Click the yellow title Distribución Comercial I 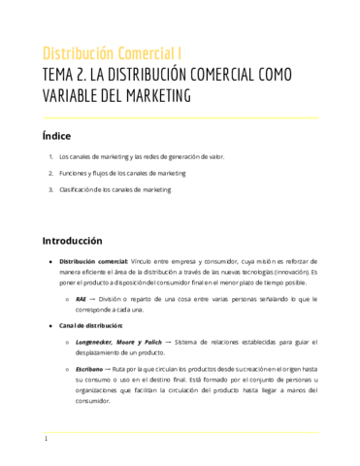(112, 52)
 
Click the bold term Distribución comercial (93, 262)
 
